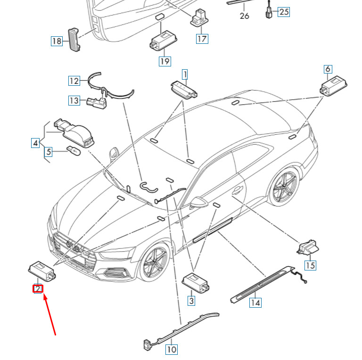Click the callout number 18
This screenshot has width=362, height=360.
pos(57,41)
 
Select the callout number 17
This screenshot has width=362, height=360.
pos(202,39)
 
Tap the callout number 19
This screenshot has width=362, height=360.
pos(165,61)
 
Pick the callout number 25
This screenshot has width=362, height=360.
pos(283,12)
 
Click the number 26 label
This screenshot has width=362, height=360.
pos(244,16)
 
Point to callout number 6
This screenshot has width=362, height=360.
pos(328,69)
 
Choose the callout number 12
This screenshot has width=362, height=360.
pos(74,81)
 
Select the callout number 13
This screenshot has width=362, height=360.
pos(74,100)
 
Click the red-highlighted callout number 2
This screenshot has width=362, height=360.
pos(38,288)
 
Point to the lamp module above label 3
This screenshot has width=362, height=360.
pos(196,282)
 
